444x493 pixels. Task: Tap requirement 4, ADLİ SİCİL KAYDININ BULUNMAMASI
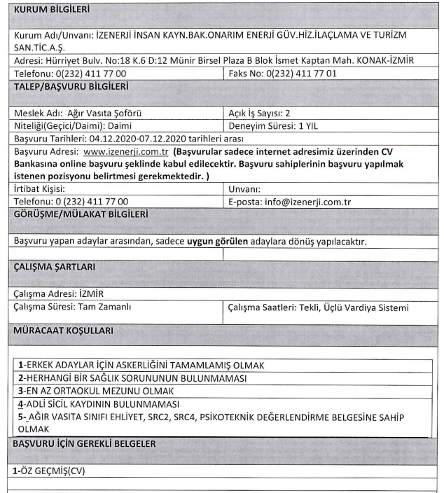click(x=99, y=404)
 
